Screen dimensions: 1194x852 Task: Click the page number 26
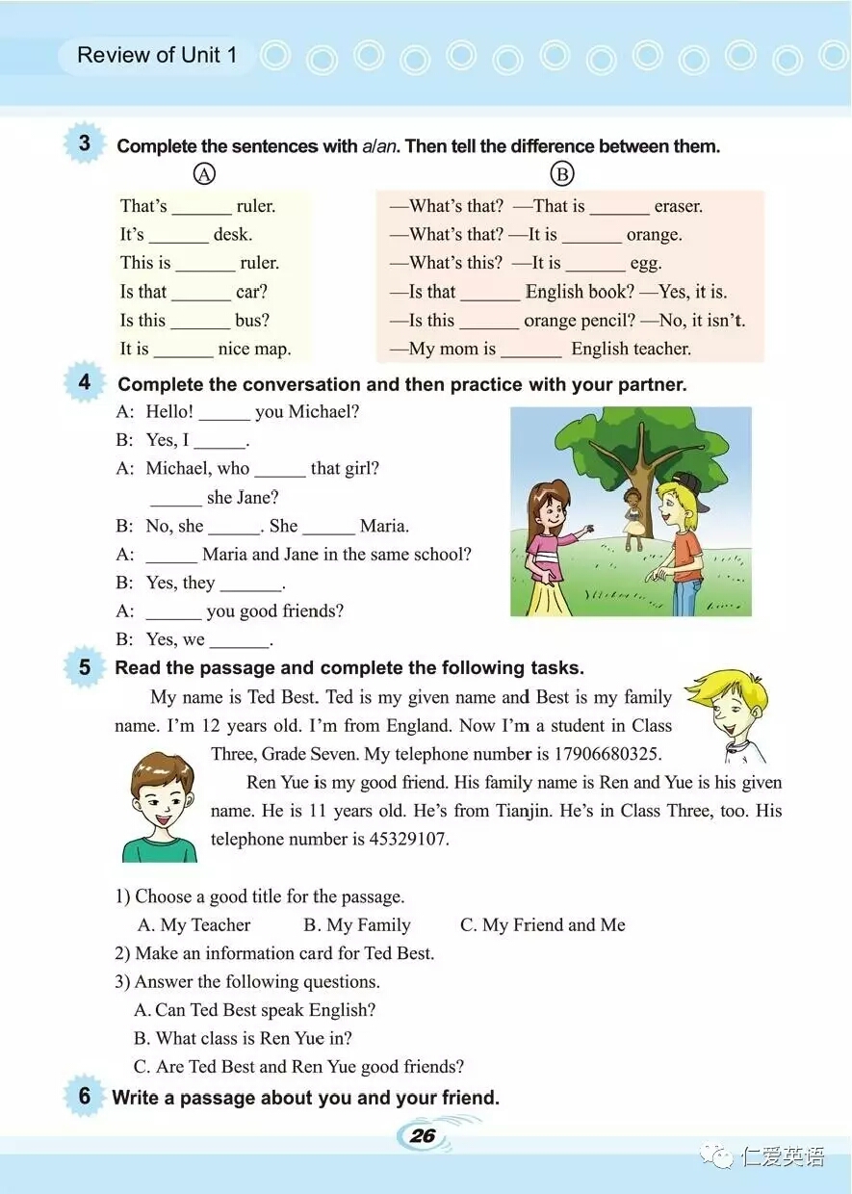pos(423,1135)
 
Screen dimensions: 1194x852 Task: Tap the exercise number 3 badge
pos(85,143)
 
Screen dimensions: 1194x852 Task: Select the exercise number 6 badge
pos(85,1096)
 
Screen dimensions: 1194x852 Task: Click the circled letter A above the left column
pos(203,174)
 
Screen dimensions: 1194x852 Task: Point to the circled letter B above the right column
pos(561,174)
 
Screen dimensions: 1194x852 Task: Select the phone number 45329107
pos(409,839)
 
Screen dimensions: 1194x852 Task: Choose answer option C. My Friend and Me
pos(543,925)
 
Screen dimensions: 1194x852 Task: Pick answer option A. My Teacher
pos(194,925)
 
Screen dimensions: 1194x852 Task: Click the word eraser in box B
pos(679,206)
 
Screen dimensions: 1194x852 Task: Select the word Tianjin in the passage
pos(523,811)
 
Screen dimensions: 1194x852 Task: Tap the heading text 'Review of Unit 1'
pos(157,55)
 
